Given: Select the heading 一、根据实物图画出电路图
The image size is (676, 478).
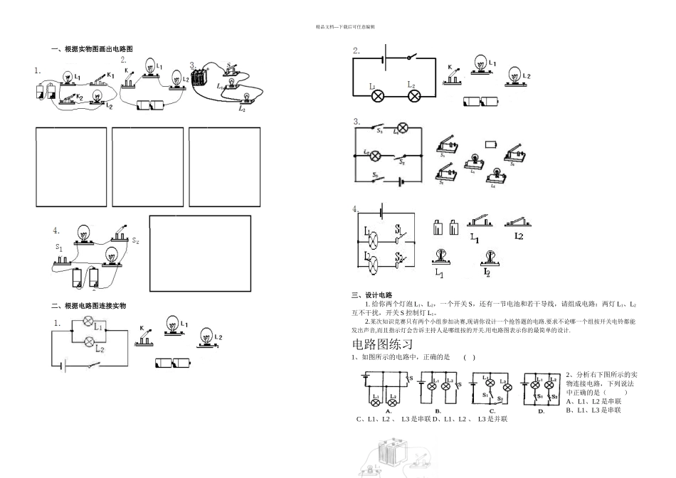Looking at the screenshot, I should tap(92, 49).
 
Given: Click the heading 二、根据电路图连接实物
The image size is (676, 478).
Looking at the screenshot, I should tap(88, 306).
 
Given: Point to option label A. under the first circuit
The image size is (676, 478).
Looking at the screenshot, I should tap(389, 410).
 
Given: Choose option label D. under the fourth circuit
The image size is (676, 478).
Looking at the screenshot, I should tap(540, 410).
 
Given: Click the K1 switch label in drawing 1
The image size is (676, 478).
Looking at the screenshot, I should tap(110, 75).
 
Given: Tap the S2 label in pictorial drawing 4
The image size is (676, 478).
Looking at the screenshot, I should tap(135, 241).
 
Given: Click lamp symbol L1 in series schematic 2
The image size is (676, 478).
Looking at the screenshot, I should tap(378, 94).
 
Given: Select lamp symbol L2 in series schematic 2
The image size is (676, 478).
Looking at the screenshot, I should tap(412, 94).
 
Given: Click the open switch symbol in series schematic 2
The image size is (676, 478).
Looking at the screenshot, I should tap(410, 57).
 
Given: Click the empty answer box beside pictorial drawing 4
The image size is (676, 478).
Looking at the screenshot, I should tap(200, 253).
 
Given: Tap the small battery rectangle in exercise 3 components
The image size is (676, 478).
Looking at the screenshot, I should tap(490, 144).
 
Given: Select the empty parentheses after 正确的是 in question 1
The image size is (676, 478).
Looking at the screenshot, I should tap(469, 357).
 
